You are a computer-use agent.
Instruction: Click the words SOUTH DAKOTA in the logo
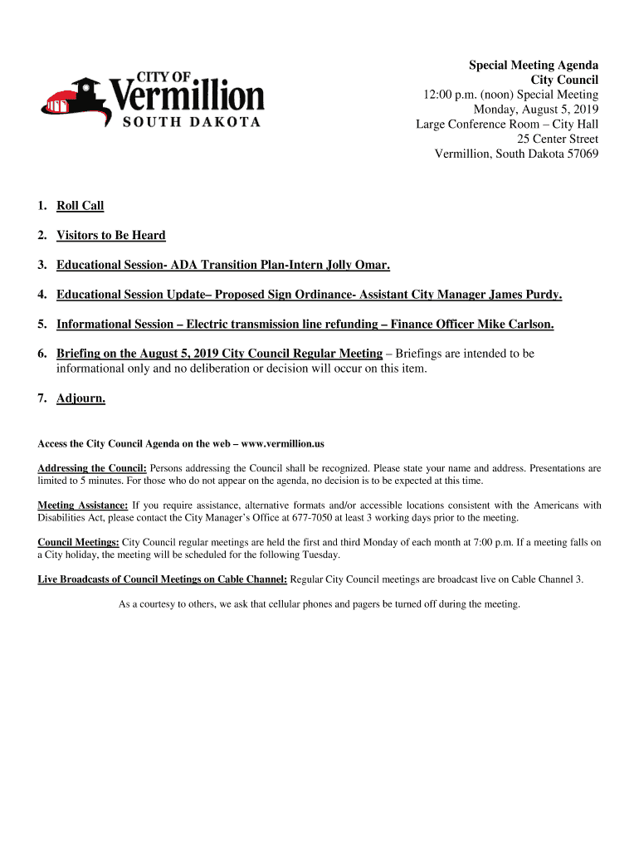[x=193, y=122]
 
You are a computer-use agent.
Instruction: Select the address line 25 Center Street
[x=558, y=139]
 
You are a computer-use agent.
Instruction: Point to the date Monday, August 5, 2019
[x=535, y=110]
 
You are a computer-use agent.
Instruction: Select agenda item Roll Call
[x=80, y=206]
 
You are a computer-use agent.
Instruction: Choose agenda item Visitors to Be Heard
[x=110, y=236]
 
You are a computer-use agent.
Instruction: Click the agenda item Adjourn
[x=80, y=398]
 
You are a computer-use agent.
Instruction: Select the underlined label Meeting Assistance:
[x=83, y=506]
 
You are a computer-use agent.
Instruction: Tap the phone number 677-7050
[x=310, y=518]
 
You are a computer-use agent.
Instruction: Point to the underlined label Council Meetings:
[x=78, y=542]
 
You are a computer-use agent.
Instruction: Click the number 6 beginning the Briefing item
[x=41, y=354]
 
